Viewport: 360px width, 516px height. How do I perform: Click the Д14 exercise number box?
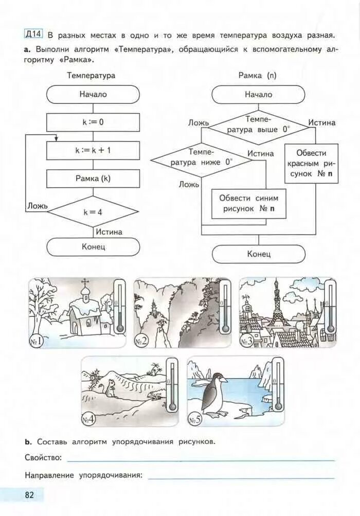33,34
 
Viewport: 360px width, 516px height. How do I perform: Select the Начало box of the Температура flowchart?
93,94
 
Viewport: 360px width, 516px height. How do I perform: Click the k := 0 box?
93,122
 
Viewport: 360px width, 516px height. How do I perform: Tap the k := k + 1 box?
93,151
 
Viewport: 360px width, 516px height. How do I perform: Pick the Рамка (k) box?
93,179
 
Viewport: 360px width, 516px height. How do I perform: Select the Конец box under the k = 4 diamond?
93,247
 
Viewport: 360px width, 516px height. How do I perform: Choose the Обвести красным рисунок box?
311,164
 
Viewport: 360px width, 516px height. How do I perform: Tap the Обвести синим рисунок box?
249,204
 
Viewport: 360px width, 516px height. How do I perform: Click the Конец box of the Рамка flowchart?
258,254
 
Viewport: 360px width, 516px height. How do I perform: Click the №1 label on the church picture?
38,340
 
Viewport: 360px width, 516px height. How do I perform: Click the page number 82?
29,495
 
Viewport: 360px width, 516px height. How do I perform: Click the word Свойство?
43,457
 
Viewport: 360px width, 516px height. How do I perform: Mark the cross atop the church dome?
85,282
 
